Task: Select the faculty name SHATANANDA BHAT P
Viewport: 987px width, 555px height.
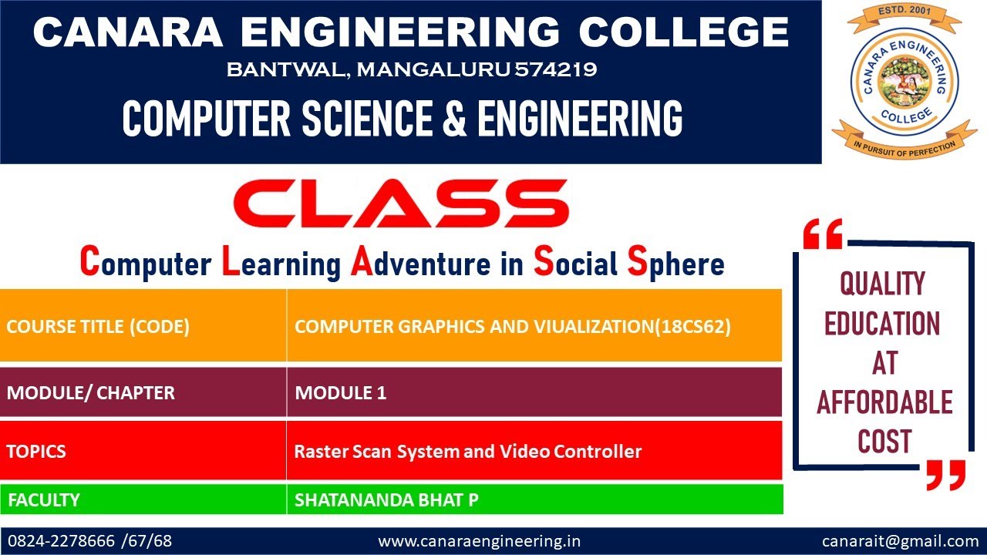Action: pyautogui.click(x=386, y=499)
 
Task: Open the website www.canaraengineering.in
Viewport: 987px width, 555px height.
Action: pyautogui.click(x=479, y=541)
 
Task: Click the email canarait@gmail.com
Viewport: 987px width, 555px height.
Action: pyautogui.click(x=900, y=541)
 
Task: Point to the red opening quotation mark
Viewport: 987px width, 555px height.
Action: pyautogui.click(x=822, y=234)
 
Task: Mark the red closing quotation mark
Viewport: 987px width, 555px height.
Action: pyautogui.click(x=945, y=475)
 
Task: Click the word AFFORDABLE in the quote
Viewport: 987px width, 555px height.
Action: pyautogui.click(x=884, y=402)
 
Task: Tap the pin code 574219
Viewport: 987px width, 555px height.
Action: pyautogui.click(x=555, y=70)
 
